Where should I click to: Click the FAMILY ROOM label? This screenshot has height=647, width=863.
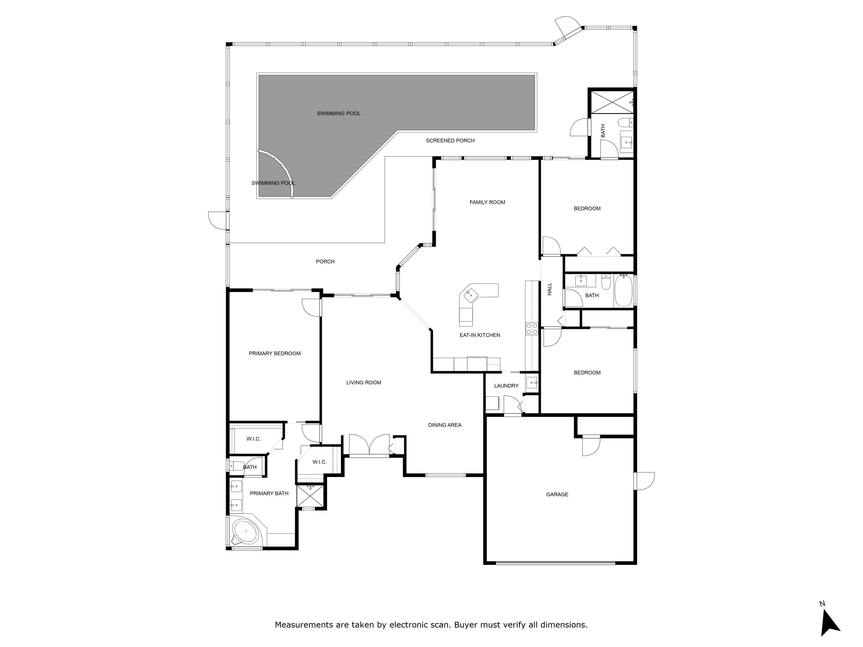pos(487,202)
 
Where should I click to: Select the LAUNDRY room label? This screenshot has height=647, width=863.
pos(506,385)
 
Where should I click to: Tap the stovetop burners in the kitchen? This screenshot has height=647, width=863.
pos(531,328)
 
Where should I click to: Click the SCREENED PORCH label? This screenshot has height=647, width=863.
pos(450,140)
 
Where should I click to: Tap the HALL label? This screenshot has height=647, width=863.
pos(549,289)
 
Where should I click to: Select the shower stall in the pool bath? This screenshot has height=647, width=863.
pos(612,102)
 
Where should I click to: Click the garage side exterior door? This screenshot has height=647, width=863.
pos(644,481)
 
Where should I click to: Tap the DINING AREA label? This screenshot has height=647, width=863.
pos(444,425)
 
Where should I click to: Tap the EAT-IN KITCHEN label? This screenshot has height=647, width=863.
pos(480,335)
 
